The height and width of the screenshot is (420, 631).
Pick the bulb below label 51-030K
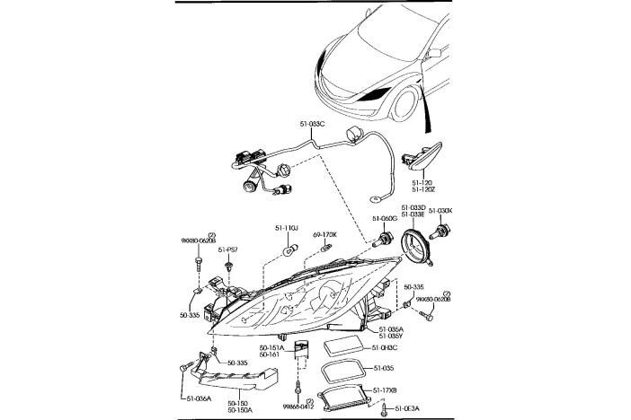click(x=441, y=235)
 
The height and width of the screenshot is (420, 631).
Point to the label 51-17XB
click(x=386, y=389)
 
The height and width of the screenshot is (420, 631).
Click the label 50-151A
click(x=271, y=346)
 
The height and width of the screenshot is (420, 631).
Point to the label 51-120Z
click(x=422, y=189)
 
